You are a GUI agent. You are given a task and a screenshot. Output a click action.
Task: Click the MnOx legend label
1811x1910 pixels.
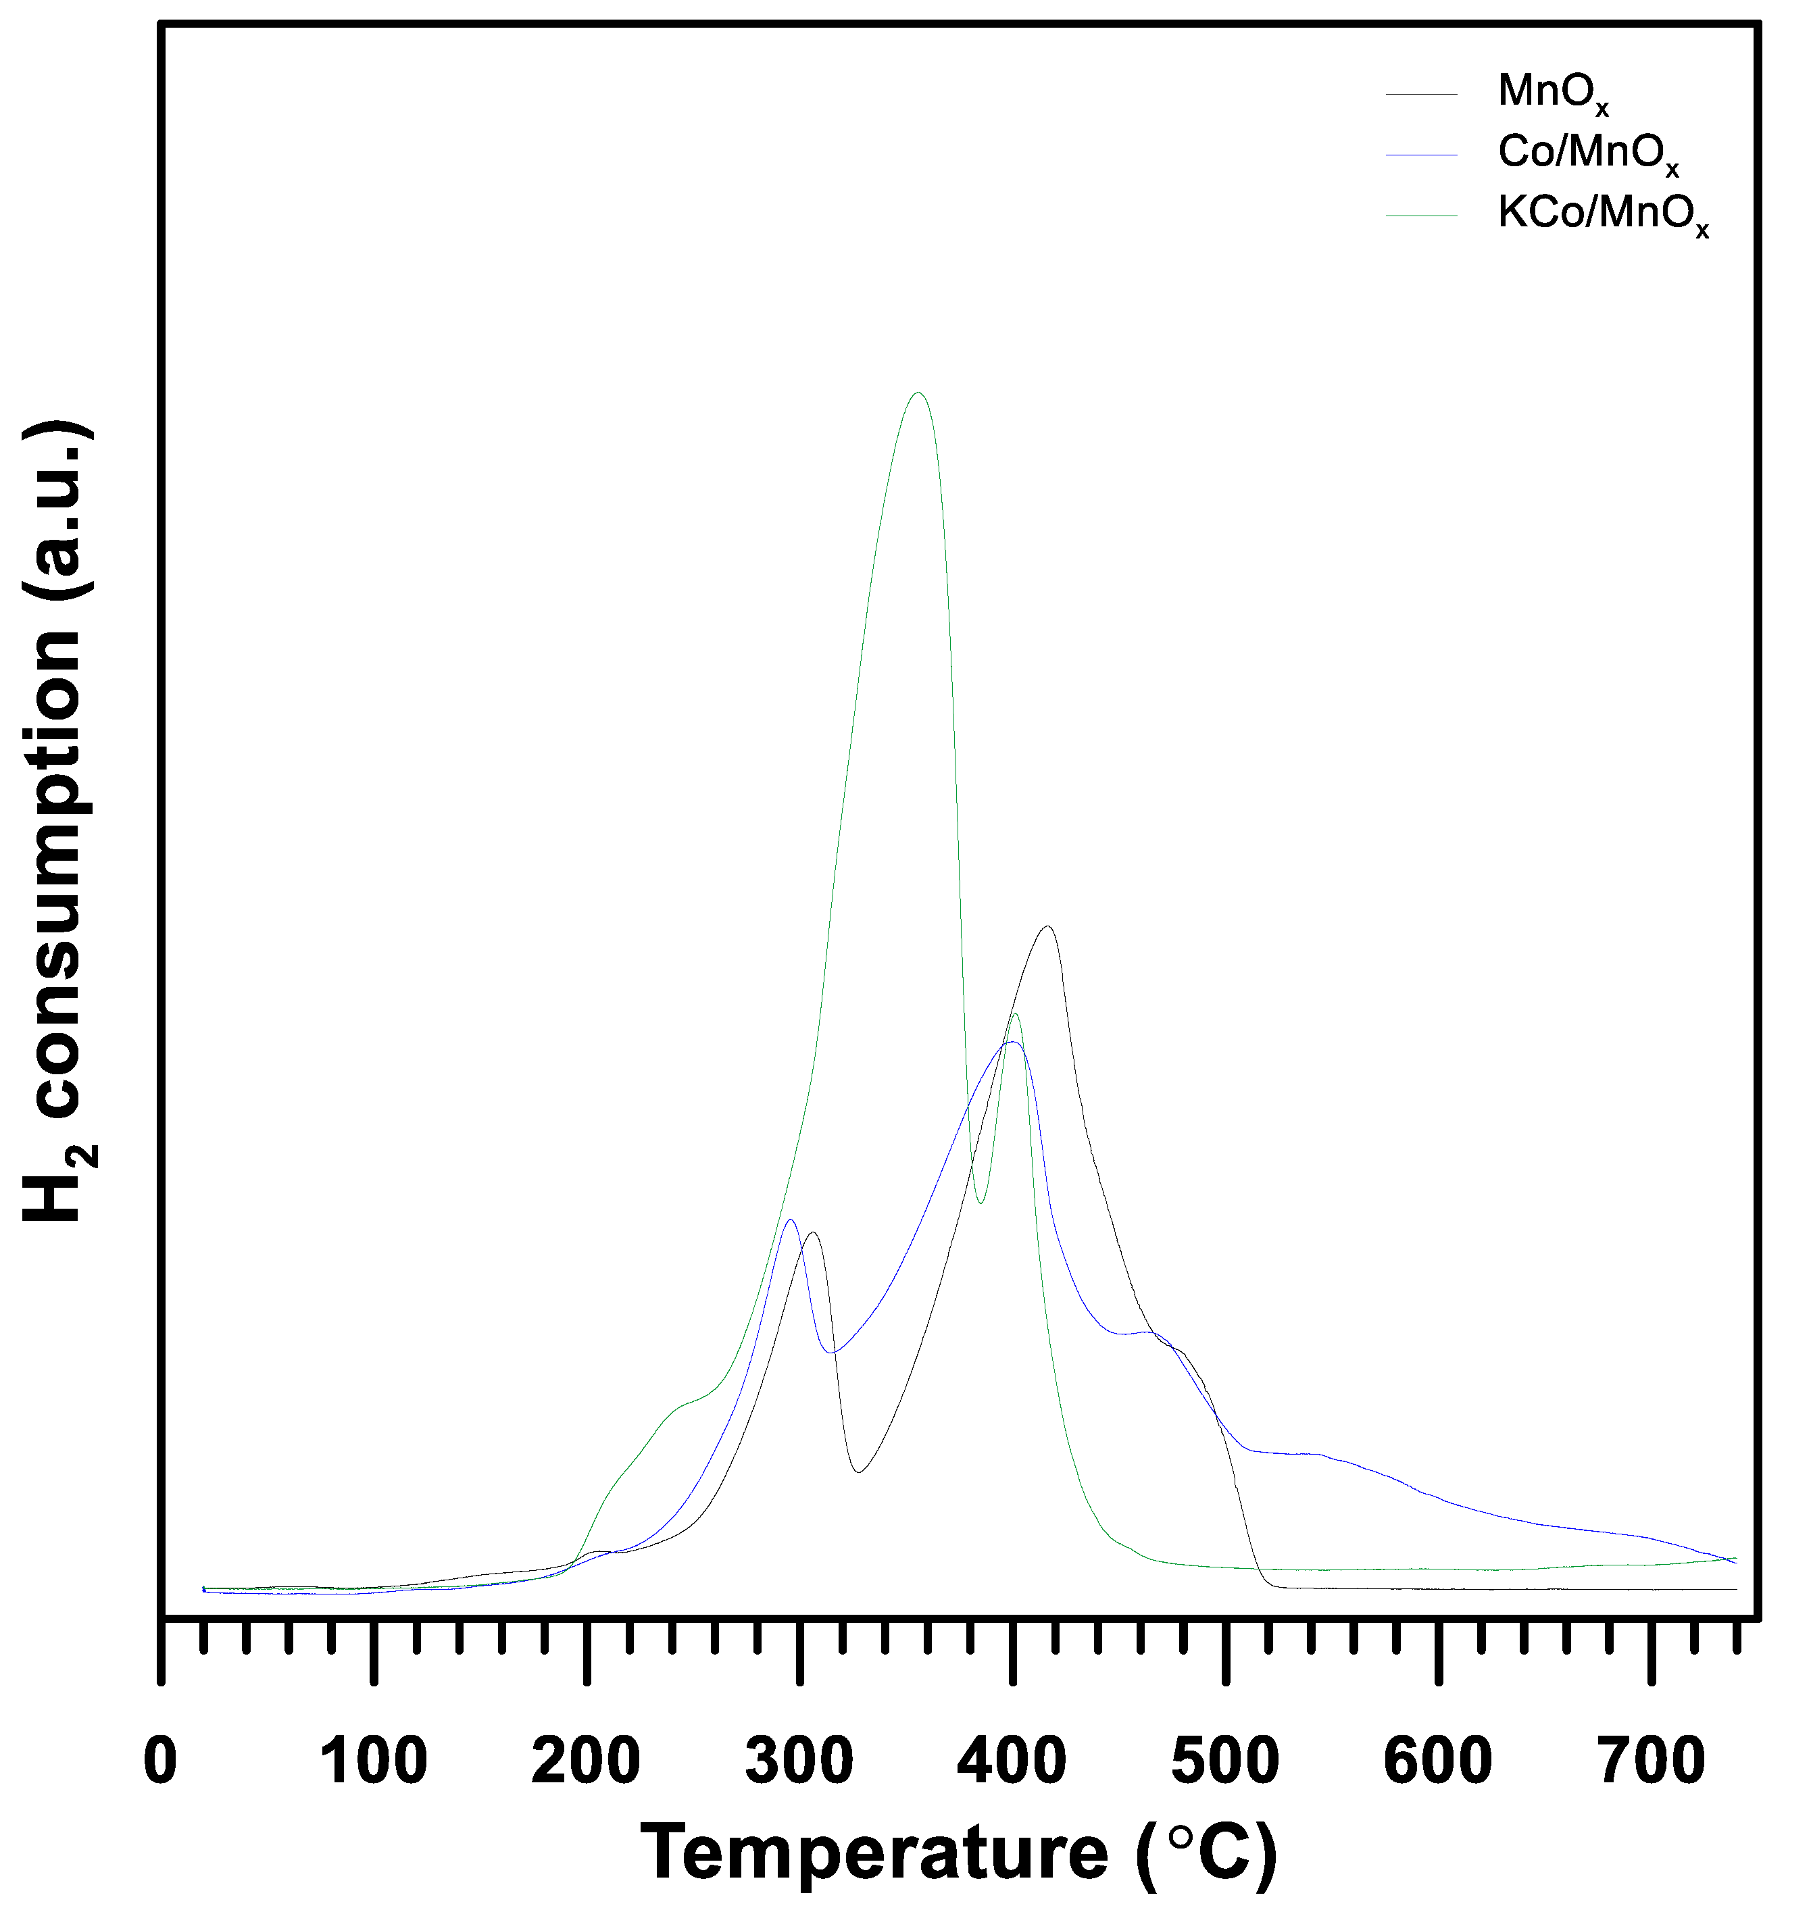(x=1554, y=93)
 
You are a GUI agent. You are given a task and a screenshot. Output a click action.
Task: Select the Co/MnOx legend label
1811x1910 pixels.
(x=1588, y=153)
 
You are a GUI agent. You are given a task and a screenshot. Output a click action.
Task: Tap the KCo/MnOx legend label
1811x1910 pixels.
(x=1602, y=214)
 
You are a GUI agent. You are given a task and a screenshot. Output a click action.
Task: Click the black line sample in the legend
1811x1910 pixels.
(x=1421, y=94)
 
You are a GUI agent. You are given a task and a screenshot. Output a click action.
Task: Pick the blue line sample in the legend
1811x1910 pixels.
(x=1421, y=155)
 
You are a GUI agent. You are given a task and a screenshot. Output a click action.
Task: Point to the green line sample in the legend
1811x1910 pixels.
(x=1421, y=216)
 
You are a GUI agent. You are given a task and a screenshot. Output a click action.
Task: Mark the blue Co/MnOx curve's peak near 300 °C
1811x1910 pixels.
(x=791, y=1221)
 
